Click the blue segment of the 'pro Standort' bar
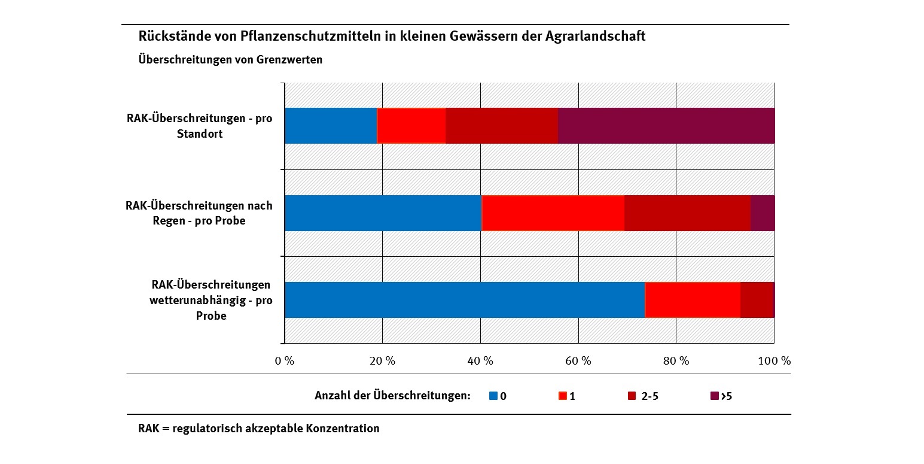pos(331,126)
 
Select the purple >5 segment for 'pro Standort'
pos(666,126)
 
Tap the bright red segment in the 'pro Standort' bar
pos(411,126)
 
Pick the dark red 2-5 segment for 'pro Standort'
pos(502,126)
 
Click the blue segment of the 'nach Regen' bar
pos(383,213)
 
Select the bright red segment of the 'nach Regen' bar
pos(553,213)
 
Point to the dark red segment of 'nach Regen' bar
pos(687,213)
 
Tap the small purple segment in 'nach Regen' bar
pos(763,213)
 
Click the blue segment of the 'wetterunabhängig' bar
pos(465,300)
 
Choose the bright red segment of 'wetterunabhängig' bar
pos(693,300)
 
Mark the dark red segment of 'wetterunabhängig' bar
pos(757,300)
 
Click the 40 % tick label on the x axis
pos(480,361)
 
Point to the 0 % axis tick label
pos(285,361)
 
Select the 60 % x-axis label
pos(578,361)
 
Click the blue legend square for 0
pos(493,396)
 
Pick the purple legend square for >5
pos(713,396)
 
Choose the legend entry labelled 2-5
pos(649,396)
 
